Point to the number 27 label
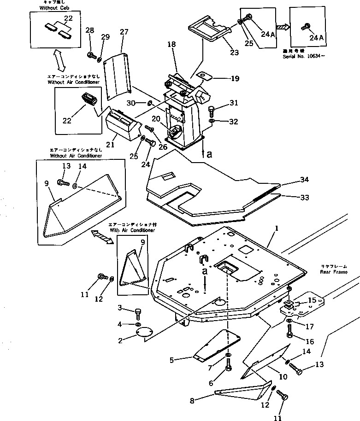coord(123,32)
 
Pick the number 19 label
coord(235,79)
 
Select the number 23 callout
coord(235,53)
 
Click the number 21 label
coord(111,145)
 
